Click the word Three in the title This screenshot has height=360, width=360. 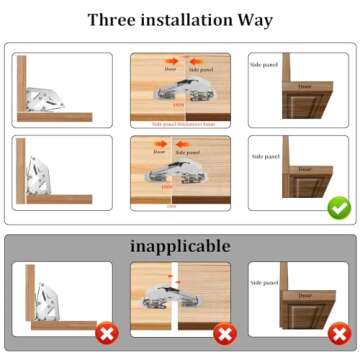[x=113, y=20]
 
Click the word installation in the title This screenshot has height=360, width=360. [x=187, y=20]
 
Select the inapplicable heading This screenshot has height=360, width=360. [x=180, y=245]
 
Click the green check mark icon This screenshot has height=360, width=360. [x=338, y=209]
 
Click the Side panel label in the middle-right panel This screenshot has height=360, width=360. [x=265, y=156]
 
